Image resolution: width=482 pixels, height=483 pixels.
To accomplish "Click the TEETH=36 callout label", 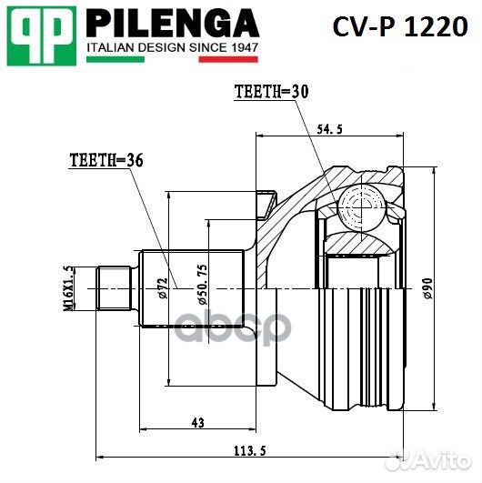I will pyautogui.click(x=105, y=160).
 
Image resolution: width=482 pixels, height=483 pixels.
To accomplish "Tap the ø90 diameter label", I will pyautogui.click(x=426, y=287).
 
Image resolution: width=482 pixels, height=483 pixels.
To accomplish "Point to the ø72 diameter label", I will pyautogui.click(x=160, y=287).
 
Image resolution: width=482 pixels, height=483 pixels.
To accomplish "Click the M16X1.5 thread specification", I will pyautogui.click(x=67, y=287).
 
